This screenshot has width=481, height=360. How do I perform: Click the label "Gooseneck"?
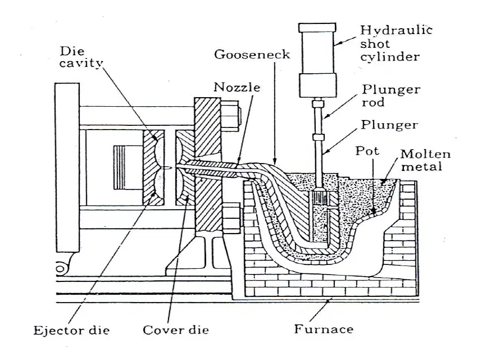252,55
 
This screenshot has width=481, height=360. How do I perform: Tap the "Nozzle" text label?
237,87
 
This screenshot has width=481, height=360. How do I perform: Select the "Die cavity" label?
81,57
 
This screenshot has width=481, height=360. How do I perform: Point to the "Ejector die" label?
71,330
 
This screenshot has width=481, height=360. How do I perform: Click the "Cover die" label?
176,330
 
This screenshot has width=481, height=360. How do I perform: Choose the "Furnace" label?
324,329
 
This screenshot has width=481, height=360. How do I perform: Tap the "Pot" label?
367,151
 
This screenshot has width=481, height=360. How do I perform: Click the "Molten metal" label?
426,160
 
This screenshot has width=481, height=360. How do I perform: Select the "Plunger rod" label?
391,96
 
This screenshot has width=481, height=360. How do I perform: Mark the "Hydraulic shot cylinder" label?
396,44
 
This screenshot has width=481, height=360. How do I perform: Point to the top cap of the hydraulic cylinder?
317,27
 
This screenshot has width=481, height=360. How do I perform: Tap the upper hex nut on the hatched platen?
230,116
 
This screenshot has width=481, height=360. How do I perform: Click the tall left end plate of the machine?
67,167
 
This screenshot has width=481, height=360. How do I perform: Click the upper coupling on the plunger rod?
318,104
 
